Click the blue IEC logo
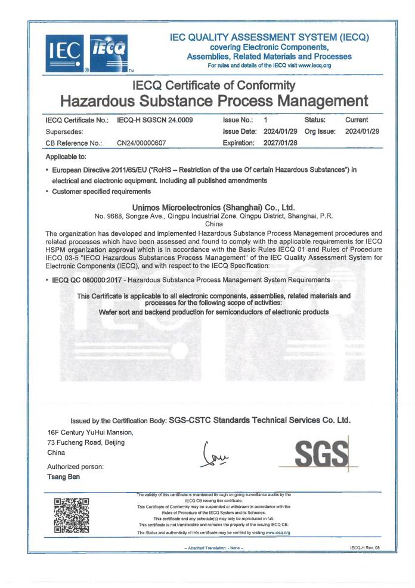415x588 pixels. [x=65, y=54]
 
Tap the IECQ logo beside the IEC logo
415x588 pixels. [x=108, y=53]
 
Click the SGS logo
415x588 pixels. [x=321, y=457]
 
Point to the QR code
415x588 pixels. [x=72, y=515]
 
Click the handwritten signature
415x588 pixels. [x=216, y=457]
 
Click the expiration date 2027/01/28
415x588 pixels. [x=280, y=143]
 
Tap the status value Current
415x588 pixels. [x=357, y=120]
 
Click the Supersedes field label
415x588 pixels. [x=65, y=131]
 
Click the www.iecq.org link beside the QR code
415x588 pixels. [x=277, y=532]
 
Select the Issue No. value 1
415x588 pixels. [x=265, y=120]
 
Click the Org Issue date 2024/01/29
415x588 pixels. [x=363, y=131]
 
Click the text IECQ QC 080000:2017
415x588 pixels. [x=87, y=279]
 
